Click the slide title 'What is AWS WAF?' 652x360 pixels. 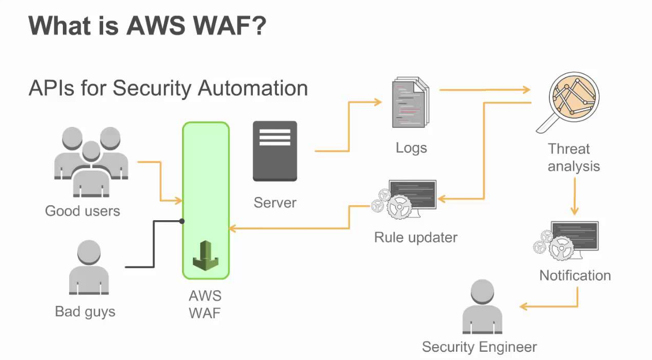tap(147, 26)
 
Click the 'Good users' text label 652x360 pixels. tap(83, 211)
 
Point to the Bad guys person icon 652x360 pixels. tap(88, 269)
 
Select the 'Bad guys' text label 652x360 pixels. tap(85, 312)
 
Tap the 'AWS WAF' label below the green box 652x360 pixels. tap(205, 304)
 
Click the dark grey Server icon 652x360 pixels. tap(274, 151)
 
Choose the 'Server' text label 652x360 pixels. tap(275, 202)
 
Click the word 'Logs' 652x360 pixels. tap(411, 148)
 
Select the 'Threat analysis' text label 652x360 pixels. tap(574, 157)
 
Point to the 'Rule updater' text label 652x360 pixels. tap(416, 237)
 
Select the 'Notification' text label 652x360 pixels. tap(575, 275)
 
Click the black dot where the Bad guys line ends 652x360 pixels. tap(182, 221)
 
